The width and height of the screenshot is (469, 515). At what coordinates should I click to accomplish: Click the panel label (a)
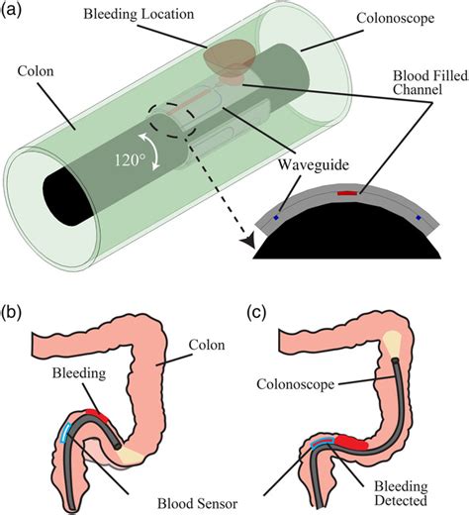(x=17, y=14)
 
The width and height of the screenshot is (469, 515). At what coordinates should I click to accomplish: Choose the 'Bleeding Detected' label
(x=402, y=485)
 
